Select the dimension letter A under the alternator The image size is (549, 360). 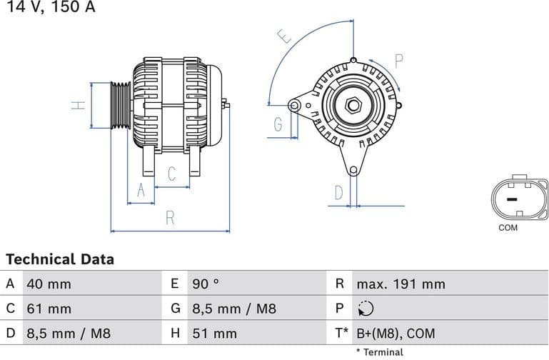coord(141,190)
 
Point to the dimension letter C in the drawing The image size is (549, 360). coord(172,174)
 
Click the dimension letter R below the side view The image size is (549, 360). coord(170,219)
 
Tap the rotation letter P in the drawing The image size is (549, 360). coord(398,61)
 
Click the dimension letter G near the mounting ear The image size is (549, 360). coord(278,125)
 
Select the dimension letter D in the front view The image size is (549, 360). coord(339,192)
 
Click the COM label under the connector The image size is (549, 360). coord(508,228)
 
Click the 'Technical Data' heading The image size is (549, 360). coord(60,259)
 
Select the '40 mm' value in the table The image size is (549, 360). coord(49,284)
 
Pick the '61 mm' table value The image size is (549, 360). coord(49,309)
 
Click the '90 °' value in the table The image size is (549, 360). coord(206,284)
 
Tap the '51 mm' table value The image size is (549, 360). coord(214,334)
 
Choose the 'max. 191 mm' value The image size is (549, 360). coord(401,284)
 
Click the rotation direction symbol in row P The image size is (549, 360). coord(364,309)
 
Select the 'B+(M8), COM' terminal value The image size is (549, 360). coord(395,334)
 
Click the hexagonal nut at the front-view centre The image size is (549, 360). coord(353,105)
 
